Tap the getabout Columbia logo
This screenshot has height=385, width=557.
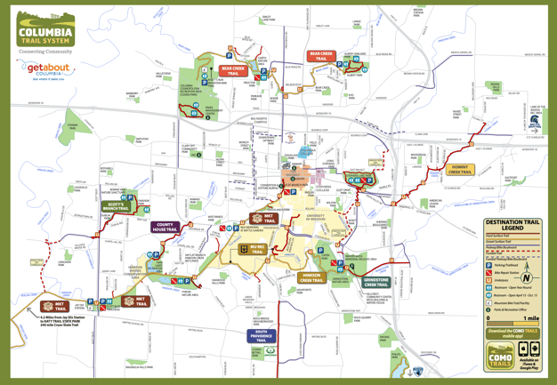48,69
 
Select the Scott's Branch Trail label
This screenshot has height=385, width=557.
116,206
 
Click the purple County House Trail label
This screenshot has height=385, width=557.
165,228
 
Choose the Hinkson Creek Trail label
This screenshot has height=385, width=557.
311,277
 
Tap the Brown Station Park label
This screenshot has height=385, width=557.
418,12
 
